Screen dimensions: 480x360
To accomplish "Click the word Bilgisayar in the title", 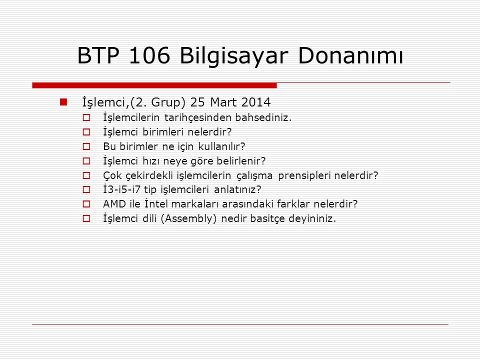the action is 234,56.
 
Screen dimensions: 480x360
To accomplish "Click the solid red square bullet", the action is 63,102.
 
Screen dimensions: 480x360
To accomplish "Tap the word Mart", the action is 223,102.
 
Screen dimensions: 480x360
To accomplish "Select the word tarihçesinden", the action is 198,118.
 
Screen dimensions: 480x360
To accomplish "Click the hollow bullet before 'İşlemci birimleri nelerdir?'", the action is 86,132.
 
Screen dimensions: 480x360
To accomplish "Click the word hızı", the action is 150,160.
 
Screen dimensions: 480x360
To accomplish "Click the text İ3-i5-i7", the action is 121,189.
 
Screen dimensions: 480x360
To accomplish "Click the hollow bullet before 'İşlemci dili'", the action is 86,218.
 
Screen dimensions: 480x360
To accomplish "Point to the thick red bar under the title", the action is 154,85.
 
